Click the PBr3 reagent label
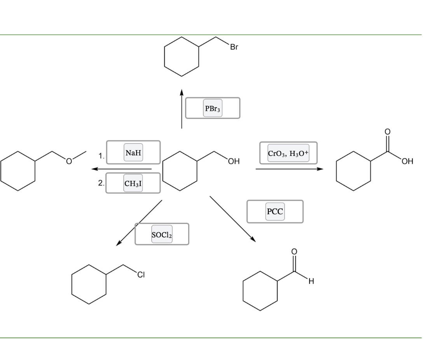point(212,108)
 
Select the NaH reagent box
point(133,152)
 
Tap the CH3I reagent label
point(133,183)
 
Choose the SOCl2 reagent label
point(162,234)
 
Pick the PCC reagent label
point(275,211)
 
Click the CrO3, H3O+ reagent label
point(288,153)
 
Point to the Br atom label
point(234,47)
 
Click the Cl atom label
point(141,276)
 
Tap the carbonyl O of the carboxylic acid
point(387,131)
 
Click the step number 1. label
point(101,157)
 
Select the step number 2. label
point(101,183)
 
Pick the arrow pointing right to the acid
point(289,169)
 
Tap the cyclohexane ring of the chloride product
point(89,284)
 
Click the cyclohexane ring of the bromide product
point(182,57)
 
